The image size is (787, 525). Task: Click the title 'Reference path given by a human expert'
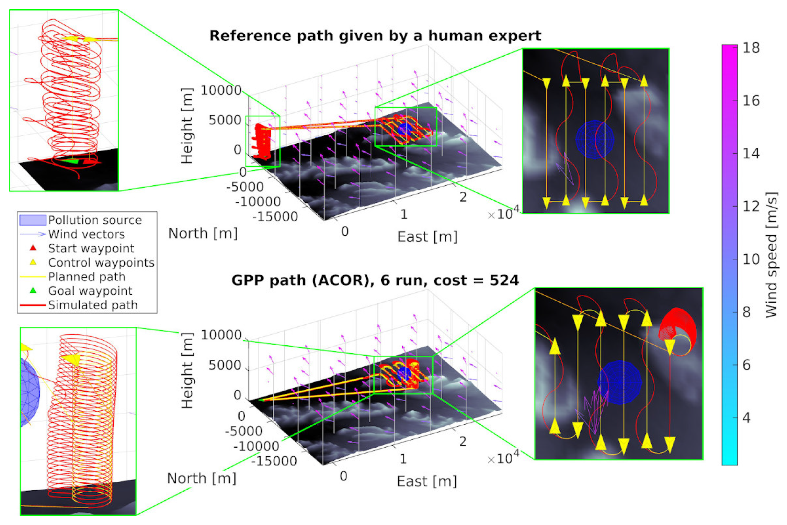point(375,36)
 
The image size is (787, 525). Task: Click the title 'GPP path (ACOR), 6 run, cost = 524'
point(375,280)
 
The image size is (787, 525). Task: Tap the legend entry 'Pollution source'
point(95,220)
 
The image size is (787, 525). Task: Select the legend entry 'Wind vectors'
point(86,234)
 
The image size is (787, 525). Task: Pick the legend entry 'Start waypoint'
point(91,248)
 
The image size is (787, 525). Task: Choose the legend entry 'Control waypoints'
point(101,262)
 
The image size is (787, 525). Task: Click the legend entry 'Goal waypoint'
point(90,291)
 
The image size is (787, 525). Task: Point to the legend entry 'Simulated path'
point(93,305)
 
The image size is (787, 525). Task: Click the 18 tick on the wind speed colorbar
point(751,48)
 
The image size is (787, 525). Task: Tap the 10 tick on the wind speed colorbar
point(751,259)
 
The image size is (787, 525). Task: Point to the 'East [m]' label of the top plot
point(427,237)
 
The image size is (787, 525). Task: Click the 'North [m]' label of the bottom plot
point(202,478)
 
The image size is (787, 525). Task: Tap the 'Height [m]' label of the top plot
point(187,126)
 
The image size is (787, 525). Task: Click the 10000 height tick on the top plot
point(221,90)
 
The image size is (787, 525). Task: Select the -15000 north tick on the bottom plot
point(274,461)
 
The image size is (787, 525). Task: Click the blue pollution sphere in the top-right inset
point(594,139)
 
